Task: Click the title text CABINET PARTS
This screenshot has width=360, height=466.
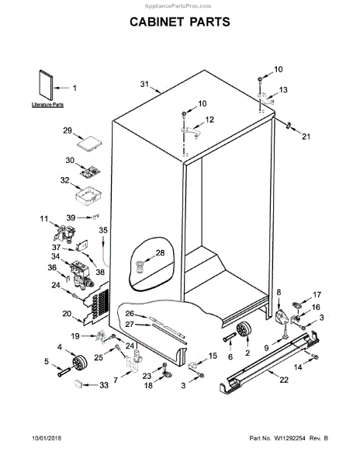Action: pyautogui.click(x=179, y=23)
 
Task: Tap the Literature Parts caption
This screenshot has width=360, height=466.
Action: pyautogui.click(x=48, y=104)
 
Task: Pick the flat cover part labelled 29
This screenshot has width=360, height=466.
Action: pyautogui.click(x=92, y=143)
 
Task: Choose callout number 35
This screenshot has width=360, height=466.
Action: pyautogui.click(x=102, y=231)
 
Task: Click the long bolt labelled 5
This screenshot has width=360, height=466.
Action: pyautogui.click(x=61, y=370)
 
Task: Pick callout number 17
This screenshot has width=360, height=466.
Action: pyautogui.click(x=316, y=294)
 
